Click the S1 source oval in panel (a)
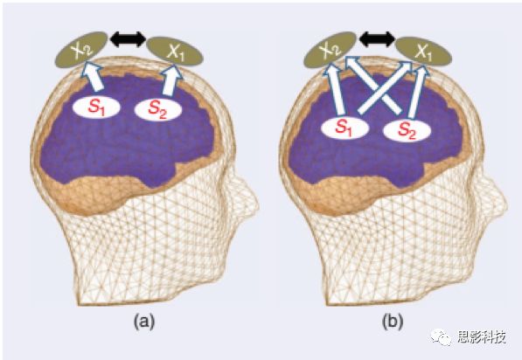(96, 107)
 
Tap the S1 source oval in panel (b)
(345, 128)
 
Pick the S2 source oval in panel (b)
(407, 130)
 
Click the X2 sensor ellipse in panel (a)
(81, 49)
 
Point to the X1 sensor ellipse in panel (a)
(175, 51)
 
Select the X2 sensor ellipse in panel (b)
(331, 49)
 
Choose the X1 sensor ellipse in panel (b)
(423, 51)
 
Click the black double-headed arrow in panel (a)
(128, 39)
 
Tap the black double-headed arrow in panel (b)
(377, 39)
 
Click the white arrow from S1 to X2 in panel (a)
(94, 78)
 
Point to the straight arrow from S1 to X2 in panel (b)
(336, 91)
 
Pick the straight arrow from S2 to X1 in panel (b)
(417, 93)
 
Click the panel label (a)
(143, 322)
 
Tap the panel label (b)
(393, 322)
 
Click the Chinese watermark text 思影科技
(482, 337)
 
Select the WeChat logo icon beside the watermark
(442, 337)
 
